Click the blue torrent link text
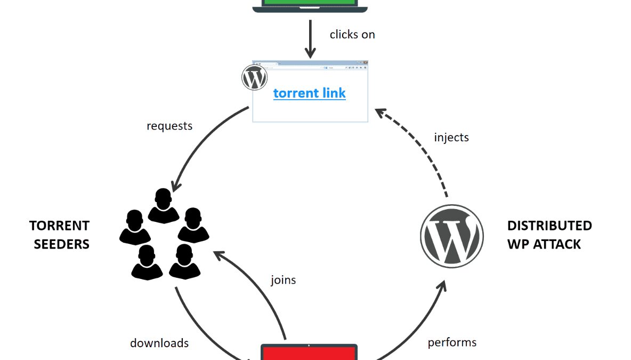click(x=309, y=93)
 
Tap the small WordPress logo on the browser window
click(x=254, y=78)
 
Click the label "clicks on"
click(x=352, y=35)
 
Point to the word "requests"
click(x=169, y=126)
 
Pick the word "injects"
click(x=451, y=137)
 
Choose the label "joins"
click(x=283, y=279)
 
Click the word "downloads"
click(x=159, y=343)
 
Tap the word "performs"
click(x=452, y=342)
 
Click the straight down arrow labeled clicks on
click(x=310, y=39)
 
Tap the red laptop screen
click(x=309, y=353)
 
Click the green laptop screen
click(x=310, y=2)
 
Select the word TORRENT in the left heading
click(x=59, y=226)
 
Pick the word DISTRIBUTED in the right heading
click(x=549, y=226)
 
